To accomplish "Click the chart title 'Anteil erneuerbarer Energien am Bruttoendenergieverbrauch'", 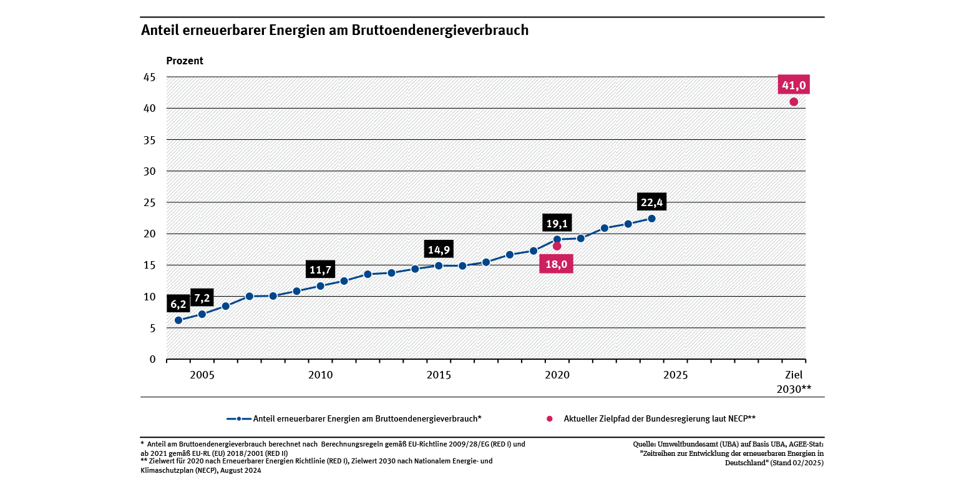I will click(334, 31).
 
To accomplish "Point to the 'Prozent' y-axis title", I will click(185, 61).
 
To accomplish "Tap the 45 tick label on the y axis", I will click(150, 77).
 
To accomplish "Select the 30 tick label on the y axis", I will click(150, 171).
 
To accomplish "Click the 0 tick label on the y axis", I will click(152, 359).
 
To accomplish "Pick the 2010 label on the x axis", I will click(320, 375).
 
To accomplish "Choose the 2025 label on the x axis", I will click(675, 375).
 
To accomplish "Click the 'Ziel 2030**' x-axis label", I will click(794, 382).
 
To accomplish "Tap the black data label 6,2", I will click(178, 305).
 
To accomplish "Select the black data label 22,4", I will click(651, 202).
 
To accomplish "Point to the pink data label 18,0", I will click(557, 264).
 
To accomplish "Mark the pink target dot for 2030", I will click(794, 102).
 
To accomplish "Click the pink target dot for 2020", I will click(557, 246).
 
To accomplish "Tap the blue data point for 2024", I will click(651, 219).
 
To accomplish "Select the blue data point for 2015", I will click(439, 265).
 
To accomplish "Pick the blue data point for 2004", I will click(178, 320).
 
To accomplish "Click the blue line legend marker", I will click(239, 418).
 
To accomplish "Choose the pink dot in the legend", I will click(550, 418).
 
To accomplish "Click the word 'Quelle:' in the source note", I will click(645, 444).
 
